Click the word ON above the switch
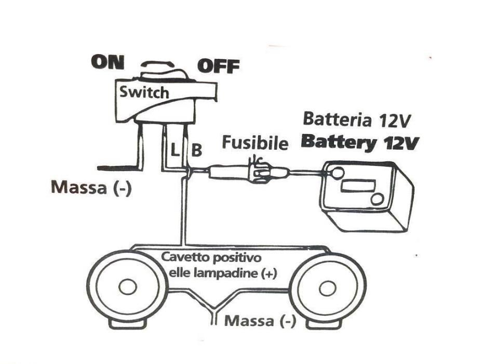point(107,62)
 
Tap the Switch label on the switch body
point(144,93)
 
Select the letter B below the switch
point(197,150)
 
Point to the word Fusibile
point(255,143)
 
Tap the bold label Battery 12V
point(360,142)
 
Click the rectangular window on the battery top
point(359,186)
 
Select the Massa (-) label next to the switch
point(91,187)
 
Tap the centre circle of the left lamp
point(127,287)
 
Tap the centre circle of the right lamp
point(326,288)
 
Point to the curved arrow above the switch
point(158,63)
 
